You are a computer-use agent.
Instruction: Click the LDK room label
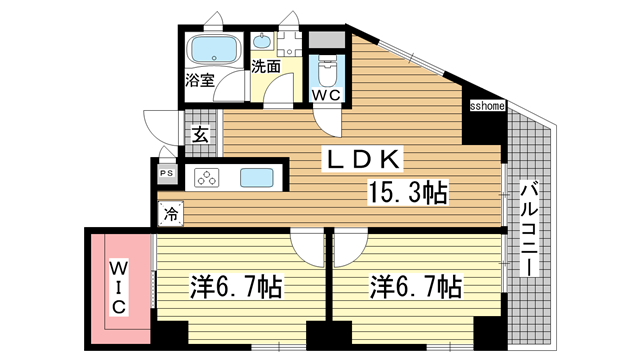tap(362, 159)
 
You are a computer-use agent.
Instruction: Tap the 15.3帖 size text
tap(408, 192)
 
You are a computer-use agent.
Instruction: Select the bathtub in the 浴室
tap(214, 50)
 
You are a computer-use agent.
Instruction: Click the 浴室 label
tap(200, 80)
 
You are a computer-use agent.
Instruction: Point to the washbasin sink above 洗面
tap(261, 41)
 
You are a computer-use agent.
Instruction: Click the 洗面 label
tap(266, 67)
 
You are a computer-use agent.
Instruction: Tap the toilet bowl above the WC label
tap(327, 71)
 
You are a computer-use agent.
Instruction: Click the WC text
tap(326, 95)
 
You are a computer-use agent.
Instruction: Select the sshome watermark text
tap(487, 106)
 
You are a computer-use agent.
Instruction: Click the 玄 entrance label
tap(200, 134)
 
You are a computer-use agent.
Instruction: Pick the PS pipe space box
tap(167, 173)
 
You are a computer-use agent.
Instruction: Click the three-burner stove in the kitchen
tap(207, 178)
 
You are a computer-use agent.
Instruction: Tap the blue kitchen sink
tap(257, 178)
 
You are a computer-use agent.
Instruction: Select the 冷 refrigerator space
tap(171, 213)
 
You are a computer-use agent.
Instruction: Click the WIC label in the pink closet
tap(119, 287)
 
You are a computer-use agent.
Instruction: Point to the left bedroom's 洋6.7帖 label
tap(236, 287)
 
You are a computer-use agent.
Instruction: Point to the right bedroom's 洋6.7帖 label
tap(416, 287)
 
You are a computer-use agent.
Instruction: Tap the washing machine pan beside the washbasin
tap(289, 44)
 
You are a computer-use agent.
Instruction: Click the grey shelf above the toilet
tap(327, 40)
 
